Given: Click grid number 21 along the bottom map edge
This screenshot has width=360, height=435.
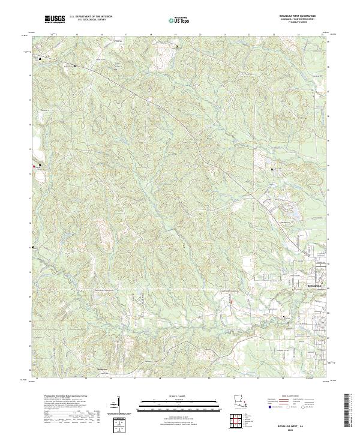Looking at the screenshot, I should pos(233,379).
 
